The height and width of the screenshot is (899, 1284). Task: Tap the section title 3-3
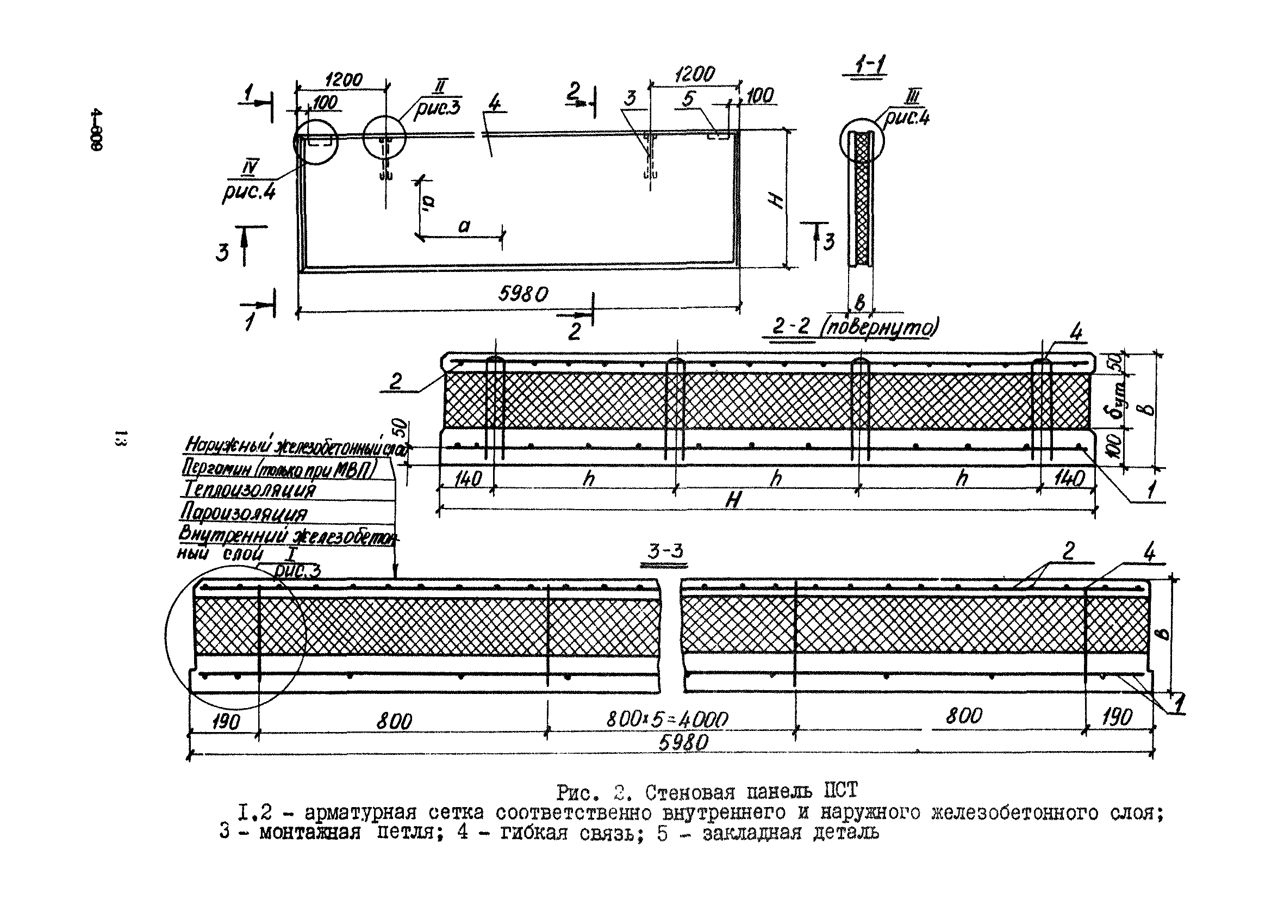[x=665, y=551]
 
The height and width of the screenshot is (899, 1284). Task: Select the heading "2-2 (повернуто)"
[x=854, y=327]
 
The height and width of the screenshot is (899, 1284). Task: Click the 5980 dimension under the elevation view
[x=523, y=294]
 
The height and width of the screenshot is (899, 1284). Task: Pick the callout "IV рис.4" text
[x=249, y=182]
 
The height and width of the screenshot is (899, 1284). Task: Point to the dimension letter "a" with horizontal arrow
[x=464, y=226]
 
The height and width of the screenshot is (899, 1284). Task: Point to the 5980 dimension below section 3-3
[x=683, y=743]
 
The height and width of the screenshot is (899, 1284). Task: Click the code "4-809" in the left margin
[x=96, y=137]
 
